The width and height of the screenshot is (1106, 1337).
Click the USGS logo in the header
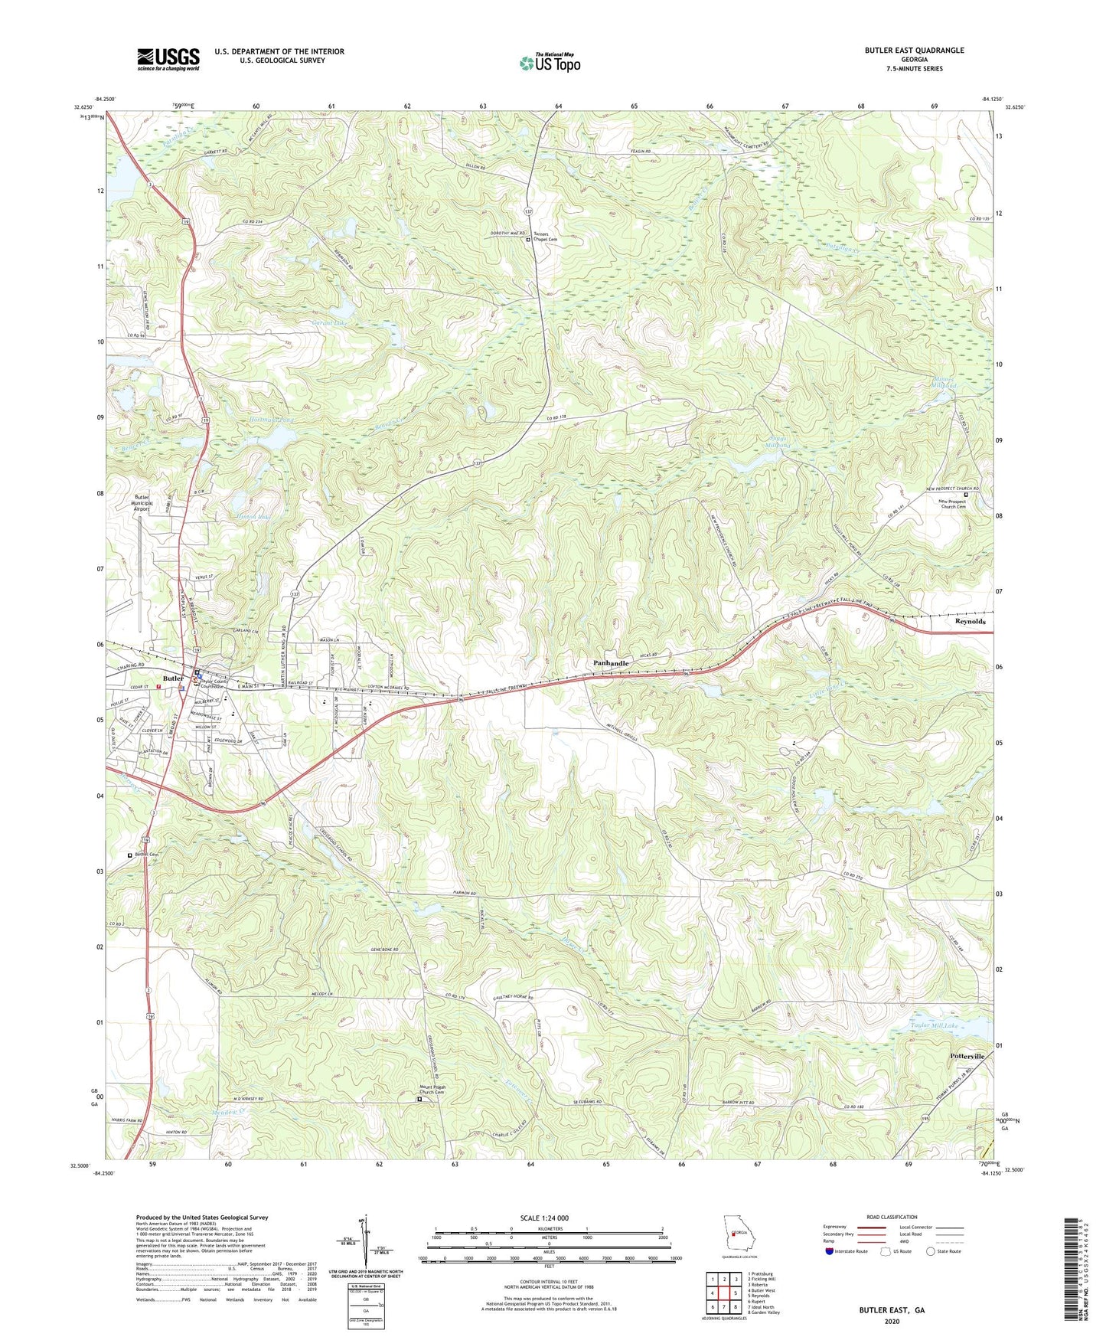click(x=168, y=59)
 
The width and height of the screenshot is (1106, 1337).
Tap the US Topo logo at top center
click(x=549, y=63)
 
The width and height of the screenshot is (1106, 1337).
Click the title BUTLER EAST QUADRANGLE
click(x=914, y=51)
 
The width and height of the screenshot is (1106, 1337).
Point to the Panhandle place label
click(x=612, y=663)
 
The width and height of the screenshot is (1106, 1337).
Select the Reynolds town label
click(x=970, y=622)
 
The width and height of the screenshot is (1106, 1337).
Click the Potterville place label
click(x=971, y=1056)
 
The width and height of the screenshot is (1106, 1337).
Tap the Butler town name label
click(x=173, y=678)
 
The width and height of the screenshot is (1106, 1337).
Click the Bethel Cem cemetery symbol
click(x=130, y=855)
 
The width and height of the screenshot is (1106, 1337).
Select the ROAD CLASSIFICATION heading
click(x=892, y=1217)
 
